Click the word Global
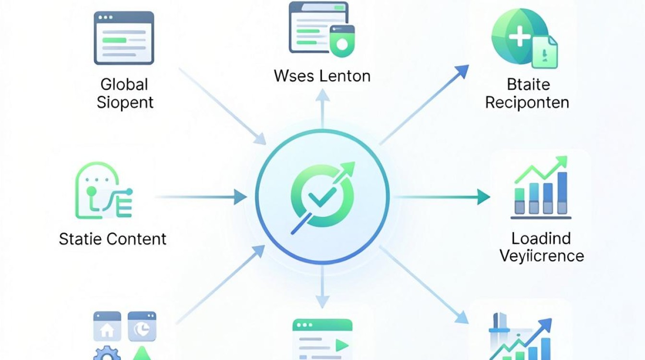coord(124,84)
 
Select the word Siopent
coord(125,103)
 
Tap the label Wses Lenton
coord(322,76)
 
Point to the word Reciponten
coord(527,103)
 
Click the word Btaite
coord(528,84)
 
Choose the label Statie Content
coord(113,239)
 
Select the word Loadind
coord(541,239)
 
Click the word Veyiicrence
coord(542,256)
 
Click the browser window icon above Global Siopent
coord(124,38)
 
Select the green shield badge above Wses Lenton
coord(342,41)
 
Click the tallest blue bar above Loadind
coord(562,193)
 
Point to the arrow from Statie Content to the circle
coord(201,197)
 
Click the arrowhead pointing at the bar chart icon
coord(483,197)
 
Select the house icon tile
coord(107,326)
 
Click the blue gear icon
coord(107,353)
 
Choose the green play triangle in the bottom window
coord(342,345)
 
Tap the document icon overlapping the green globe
coord(544,52)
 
